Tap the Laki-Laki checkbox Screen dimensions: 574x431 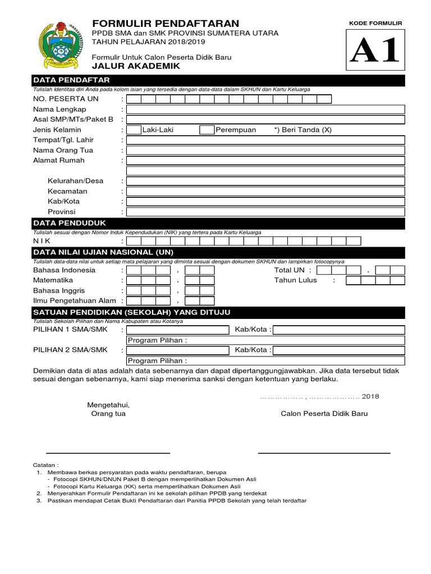click(134, 130)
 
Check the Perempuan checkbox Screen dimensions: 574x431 click(207, 130)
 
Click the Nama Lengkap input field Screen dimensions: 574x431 click(265, 109)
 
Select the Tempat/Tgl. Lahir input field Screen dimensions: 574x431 click(265, 140)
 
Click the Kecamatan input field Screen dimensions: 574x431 click(265, 191)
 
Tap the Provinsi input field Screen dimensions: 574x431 click(265, 212)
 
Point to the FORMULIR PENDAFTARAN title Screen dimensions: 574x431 click(166, 23)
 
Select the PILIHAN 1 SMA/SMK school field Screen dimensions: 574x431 click(178, 330)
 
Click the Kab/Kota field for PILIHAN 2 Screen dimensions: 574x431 click(338, 350)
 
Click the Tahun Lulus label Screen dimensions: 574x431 click(295, 280)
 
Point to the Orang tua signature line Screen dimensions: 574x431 click(108, 452)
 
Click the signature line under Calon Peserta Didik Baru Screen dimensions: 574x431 click(324, 452)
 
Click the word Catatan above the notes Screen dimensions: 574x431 click(47, 465)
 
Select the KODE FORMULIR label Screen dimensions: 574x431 click(375, 23)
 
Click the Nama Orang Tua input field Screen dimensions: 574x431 click(265, 150)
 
